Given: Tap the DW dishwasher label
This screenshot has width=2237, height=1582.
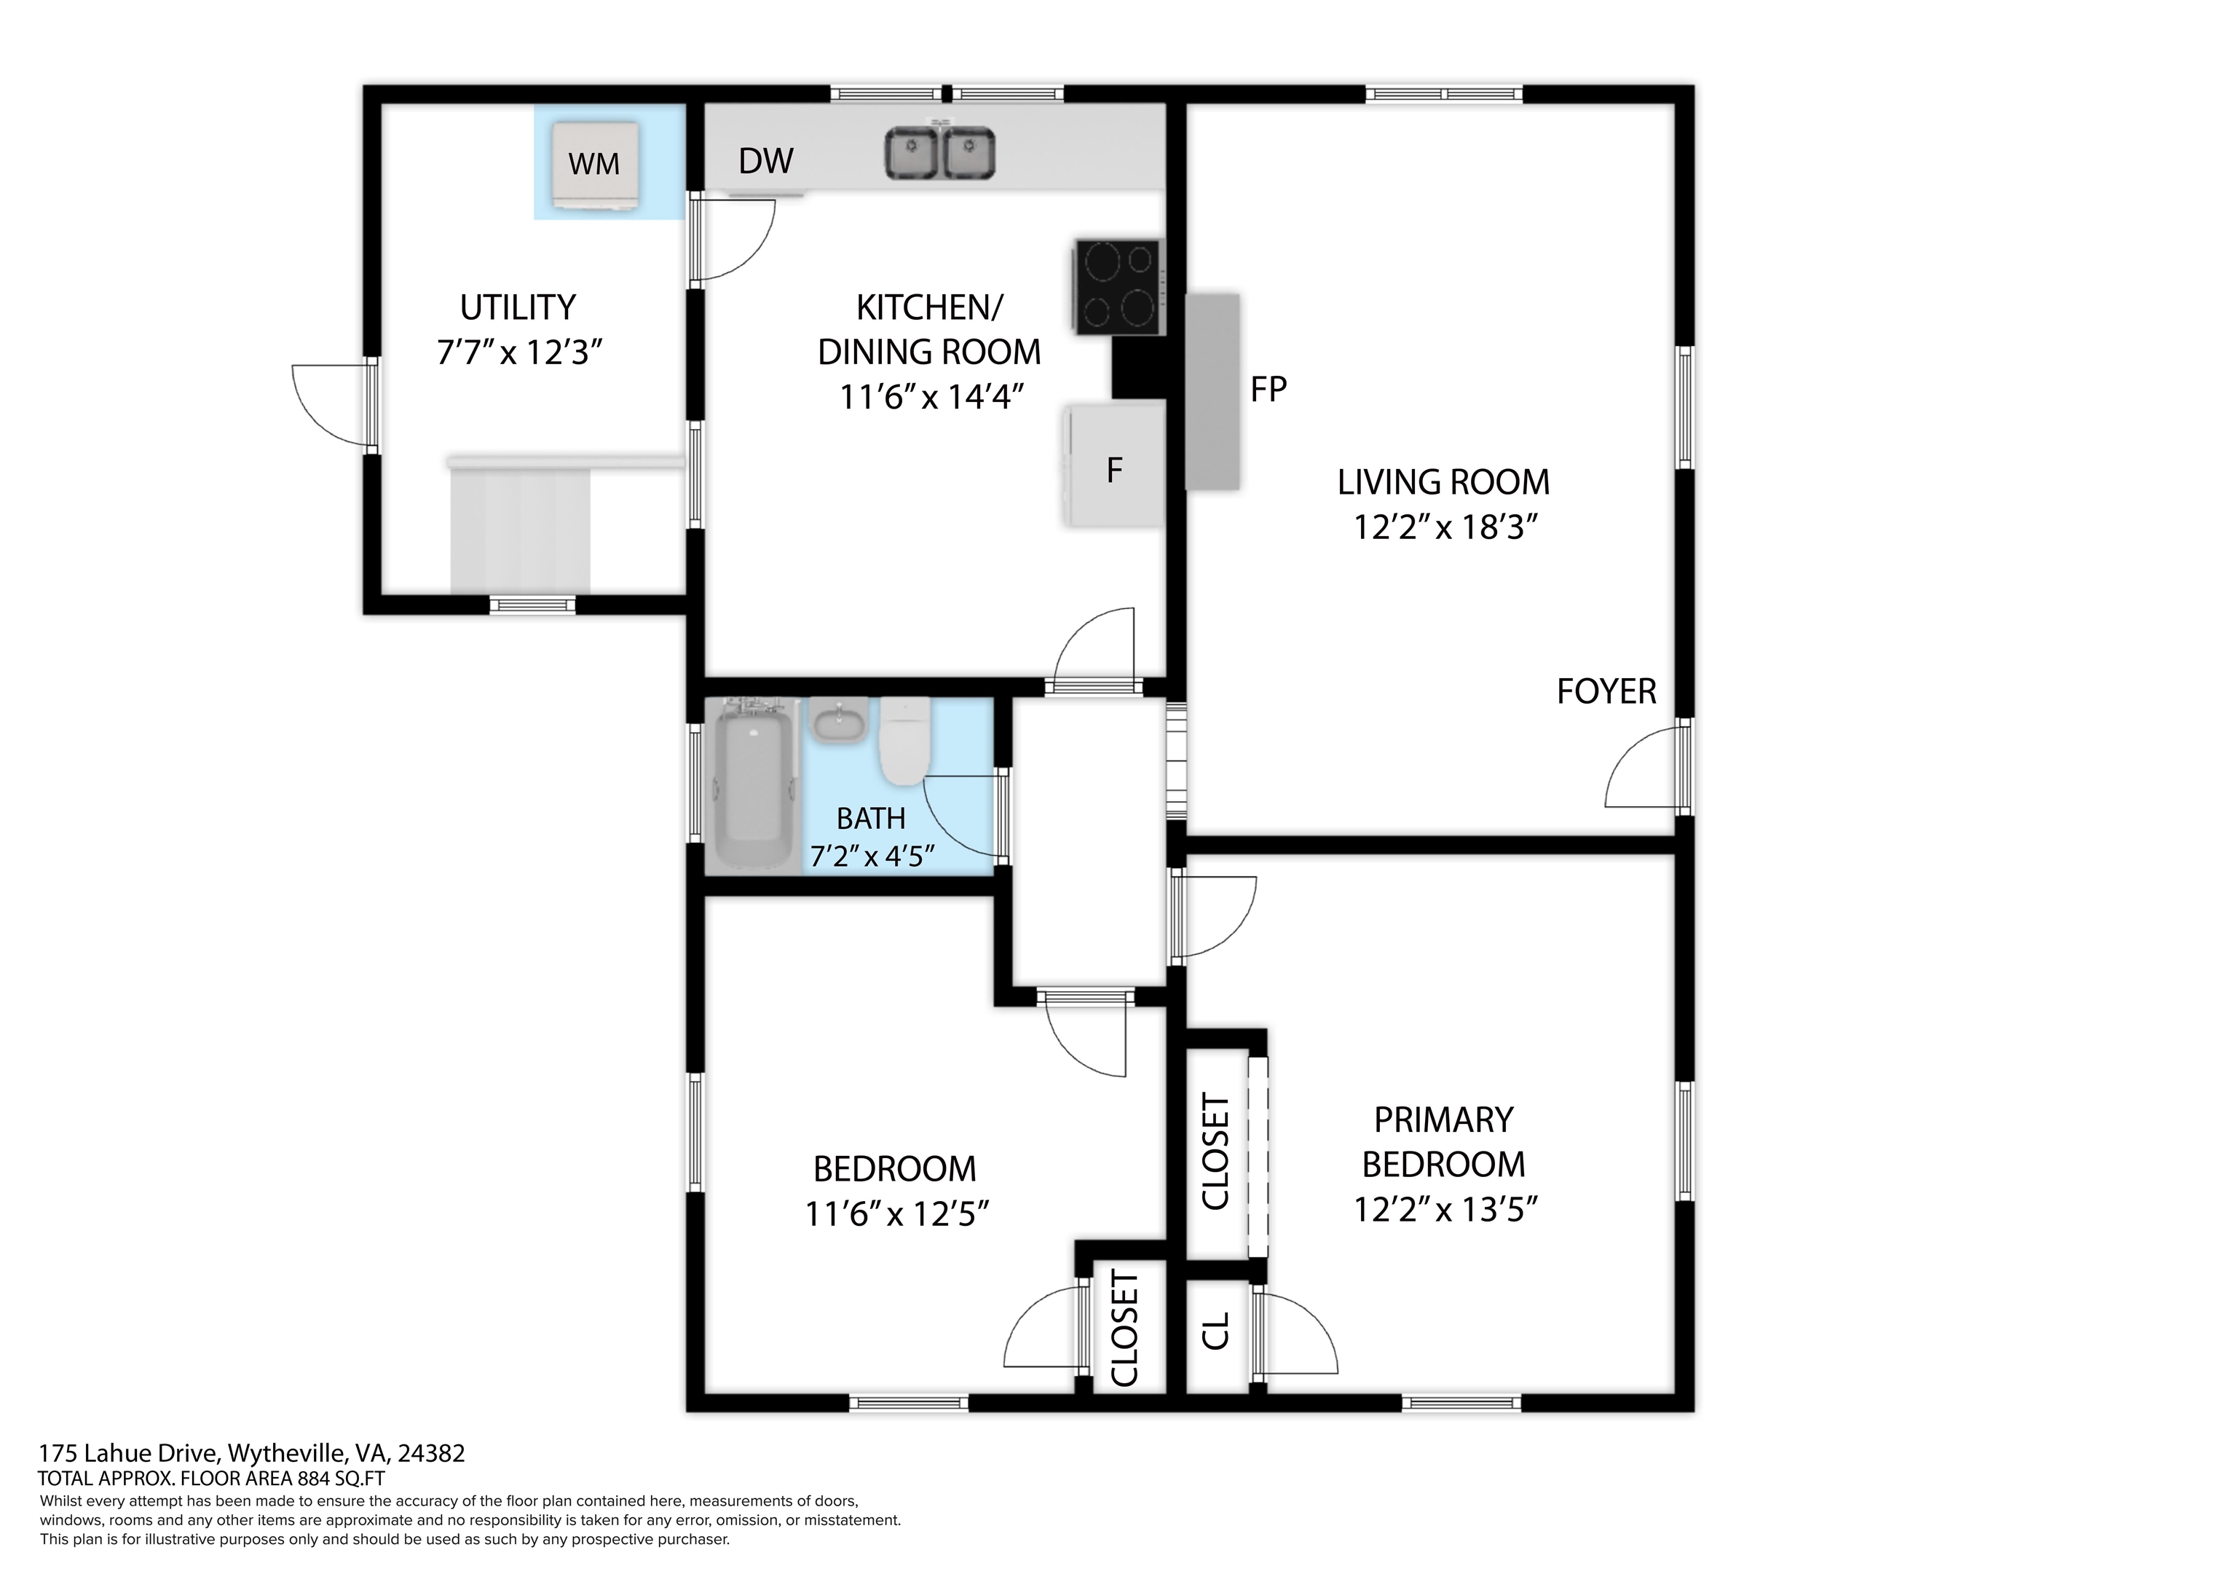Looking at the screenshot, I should (x=766, y=161).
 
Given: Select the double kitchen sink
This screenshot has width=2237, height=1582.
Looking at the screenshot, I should (x=940, y=153).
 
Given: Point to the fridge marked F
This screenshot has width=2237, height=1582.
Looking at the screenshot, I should (x=1116, y=467).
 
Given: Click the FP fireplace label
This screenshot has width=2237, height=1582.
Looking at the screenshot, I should (x=1269, y=390).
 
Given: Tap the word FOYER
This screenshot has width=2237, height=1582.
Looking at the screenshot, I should (x=1606, y=691).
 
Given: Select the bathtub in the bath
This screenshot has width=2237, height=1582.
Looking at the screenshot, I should (x=753, y=784).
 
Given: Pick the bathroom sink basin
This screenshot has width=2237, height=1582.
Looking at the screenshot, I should (x=839, y=723).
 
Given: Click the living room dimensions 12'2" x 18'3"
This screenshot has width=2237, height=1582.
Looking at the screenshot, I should (x=1445, y=527).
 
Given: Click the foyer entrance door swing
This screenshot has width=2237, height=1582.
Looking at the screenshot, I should (x=1645, y=770).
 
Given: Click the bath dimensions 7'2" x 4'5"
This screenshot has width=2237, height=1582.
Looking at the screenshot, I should (x=872, y=856).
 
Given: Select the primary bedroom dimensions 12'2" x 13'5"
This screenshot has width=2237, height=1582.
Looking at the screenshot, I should (x=1445, y=1210).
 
